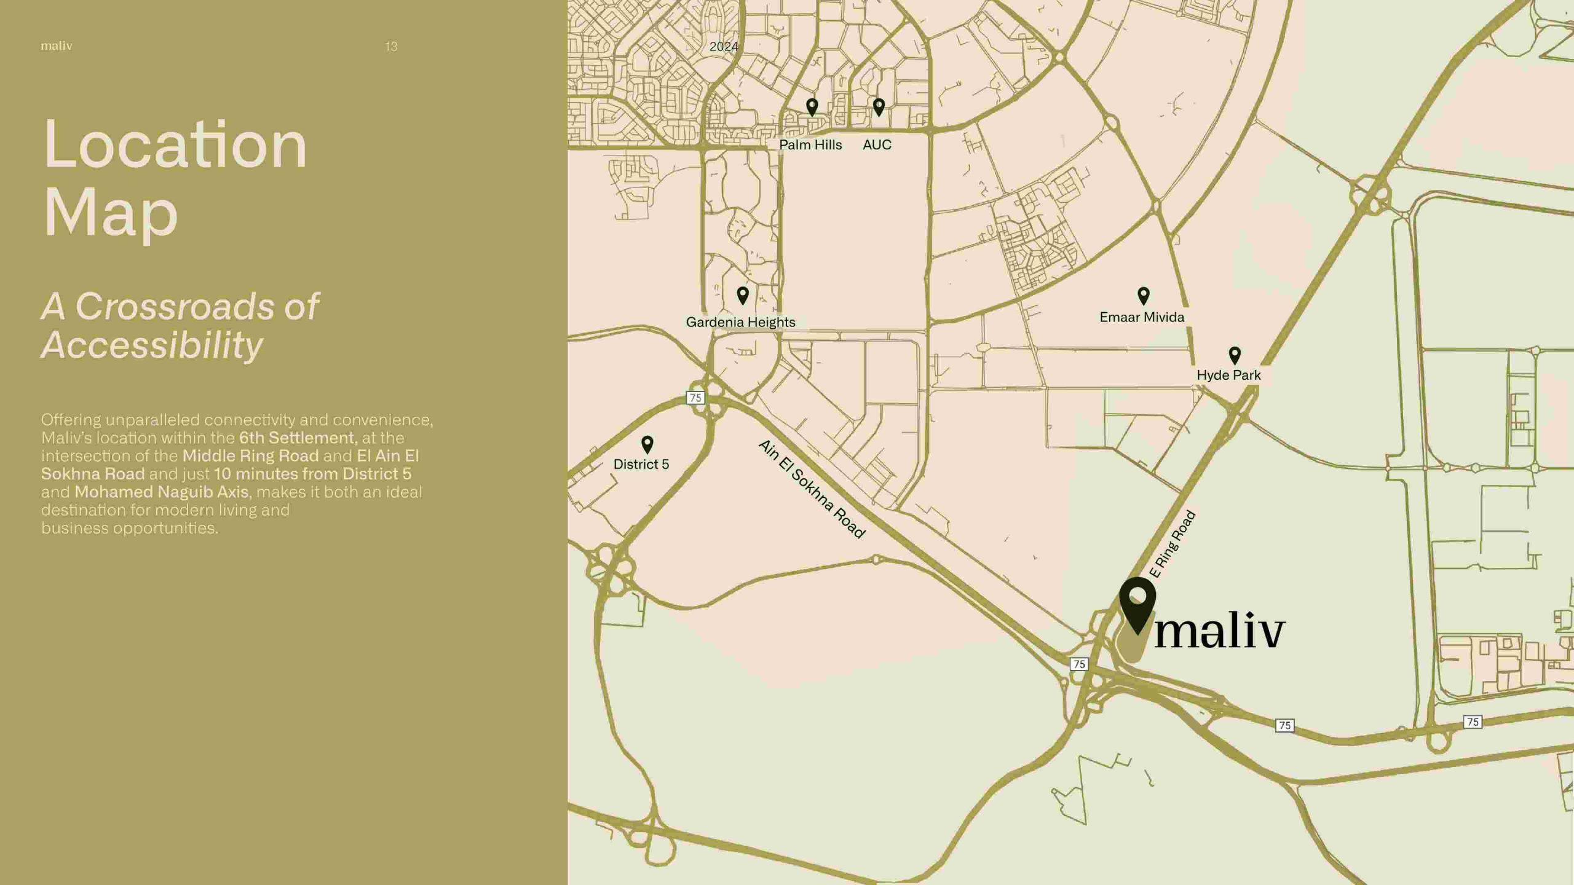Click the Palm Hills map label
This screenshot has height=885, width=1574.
pos(810,145)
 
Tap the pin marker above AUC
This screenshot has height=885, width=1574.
pos(879,107)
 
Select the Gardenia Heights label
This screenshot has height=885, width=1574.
pos(740,322)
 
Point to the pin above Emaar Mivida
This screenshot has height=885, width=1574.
pos(1143,296)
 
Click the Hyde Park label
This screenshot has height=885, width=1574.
pos(1228,375)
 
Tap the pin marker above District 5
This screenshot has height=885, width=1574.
pos(647,444)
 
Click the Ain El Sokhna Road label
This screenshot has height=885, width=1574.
pos(812,489)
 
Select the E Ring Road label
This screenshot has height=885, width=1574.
pos(1172,545)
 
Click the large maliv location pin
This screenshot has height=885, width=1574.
pos(1137,602)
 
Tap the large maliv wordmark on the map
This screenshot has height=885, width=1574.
pos(1220,631)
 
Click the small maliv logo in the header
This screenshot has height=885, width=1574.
pos(57,46)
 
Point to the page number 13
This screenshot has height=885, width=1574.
pos(391,47)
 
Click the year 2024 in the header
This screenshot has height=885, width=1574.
pos(724,47)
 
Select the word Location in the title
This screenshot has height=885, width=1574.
pos(175,145)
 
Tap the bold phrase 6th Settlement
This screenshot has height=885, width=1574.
pos(298,438)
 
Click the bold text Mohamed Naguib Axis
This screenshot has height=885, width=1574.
pos(162,492)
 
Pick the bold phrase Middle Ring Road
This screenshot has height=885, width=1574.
pos(250,455)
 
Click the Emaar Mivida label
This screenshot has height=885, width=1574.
pos(1142,317)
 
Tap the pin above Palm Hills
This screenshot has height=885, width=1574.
pos(812,107)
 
